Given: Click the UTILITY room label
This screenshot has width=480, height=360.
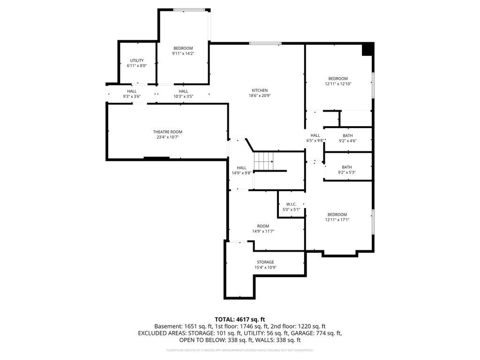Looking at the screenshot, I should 137,60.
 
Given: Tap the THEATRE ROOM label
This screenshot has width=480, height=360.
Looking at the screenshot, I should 167,132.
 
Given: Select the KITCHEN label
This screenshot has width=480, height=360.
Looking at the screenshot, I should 260,90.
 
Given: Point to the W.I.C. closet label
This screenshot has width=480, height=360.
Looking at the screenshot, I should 292,204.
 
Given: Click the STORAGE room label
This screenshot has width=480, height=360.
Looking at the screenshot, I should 265,262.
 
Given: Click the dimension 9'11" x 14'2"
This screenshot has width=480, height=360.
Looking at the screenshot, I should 183,54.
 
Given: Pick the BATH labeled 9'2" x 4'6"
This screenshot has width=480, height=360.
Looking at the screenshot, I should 347,136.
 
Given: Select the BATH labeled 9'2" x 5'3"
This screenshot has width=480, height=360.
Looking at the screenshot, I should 347,167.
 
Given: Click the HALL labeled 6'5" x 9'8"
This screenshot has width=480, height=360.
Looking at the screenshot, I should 315,135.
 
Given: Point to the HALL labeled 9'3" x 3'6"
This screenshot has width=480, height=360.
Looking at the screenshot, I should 132,91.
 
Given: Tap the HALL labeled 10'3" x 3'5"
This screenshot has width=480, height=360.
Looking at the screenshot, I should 183,91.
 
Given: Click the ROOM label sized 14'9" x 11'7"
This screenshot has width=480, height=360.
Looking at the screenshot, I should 263,226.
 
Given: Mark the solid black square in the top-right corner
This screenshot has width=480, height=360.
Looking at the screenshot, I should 368,49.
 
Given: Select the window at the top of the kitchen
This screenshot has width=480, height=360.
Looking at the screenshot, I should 265,44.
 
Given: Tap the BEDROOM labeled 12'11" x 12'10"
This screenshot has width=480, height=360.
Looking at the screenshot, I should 338,79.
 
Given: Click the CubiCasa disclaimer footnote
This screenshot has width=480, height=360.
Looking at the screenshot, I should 240,350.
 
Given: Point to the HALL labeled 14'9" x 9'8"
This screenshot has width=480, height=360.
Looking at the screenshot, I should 241,168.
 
